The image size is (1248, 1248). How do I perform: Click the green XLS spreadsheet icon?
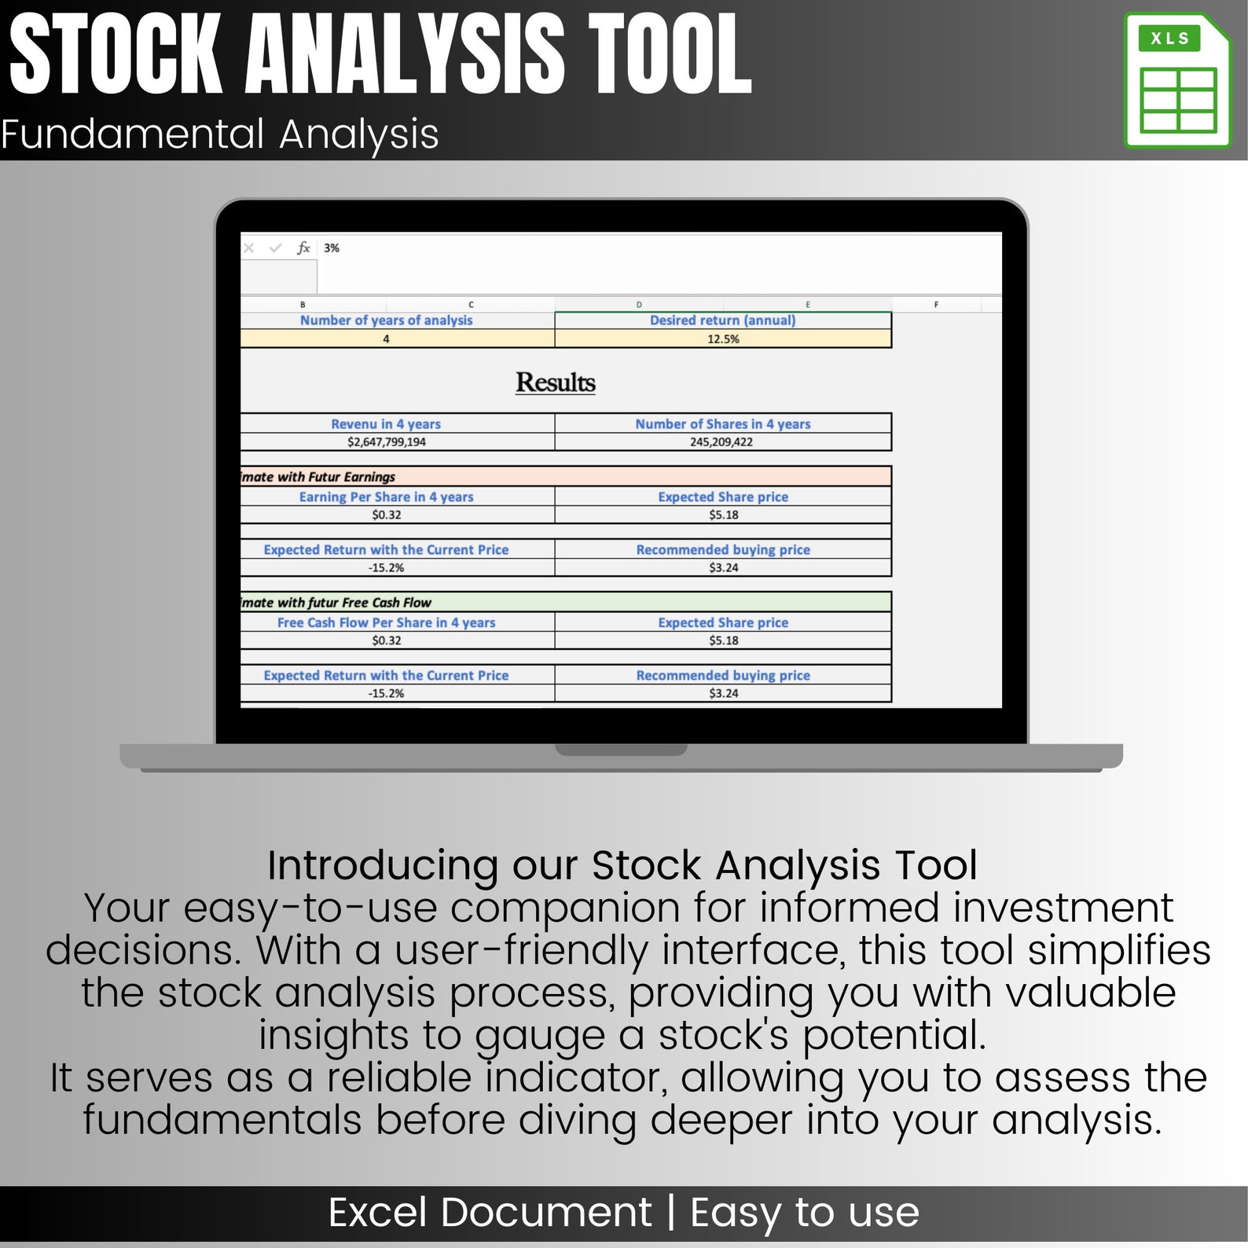[x=1176, y=81]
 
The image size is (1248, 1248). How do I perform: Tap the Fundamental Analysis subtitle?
[x=220, y=134]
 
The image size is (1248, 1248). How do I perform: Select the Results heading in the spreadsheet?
[x=555, y=383]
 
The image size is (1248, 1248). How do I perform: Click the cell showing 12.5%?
[x=723, y=339]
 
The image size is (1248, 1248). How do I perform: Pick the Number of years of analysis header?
[x=386, y=320]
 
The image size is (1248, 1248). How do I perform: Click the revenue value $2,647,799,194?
[x=386, y=442]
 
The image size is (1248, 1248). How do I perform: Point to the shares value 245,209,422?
[x=721, y=442]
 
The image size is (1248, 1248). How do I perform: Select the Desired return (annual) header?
[x=722, y=320]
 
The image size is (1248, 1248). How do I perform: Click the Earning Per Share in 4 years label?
[x=386, y=497]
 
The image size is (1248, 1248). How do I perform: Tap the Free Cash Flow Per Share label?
[x=386, y=622]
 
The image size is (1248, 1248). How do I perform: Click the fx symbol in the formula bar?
[x=303, y=248]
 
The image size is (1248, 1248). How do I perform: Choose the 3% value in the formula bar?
[x=332, y=248]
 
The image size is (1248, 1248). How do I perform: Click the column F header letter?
[x=936, y=304]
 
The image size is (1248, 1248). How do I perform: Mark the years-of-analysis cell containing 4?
[x=386, y=339]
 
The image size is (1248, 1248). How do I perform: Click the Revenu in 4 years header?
[x=386, y=424]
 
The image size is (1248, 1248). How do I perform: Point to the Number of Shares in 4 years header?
[x=722, y=424]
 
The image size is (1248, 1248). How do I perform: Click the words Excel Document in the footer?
[x=490, y=1212]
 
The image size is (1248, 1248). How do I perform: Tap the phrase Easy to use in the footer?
[x=804, y=1212]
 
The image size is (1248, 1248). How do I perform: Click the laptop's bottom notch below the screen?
[x=621, y=750]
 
